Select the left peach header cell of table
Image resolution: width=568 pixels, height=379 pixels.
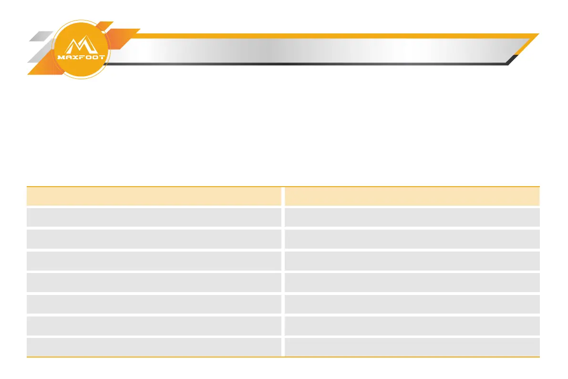click(x=154, y=196)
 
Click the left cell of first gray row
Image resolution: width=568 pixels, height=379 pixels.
click(x=154, y=217)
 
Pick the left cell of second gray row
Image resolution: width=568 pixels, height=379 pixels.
click(x=154, y=239)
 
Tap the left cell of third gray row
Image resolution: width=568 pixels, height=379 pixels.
click(x=154, y=261)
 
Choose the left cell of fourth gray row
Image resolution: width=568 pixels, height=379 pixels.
click(x=154, y=282)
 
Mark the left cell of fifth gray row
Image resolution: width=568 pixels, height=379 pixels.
click(x=154, y=304)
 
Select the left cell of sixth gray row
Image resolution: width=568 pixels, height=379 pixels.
click(x=154, y=325)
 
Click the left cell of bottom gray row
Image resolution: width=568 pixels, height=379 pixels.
click(x=154, y=347)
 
